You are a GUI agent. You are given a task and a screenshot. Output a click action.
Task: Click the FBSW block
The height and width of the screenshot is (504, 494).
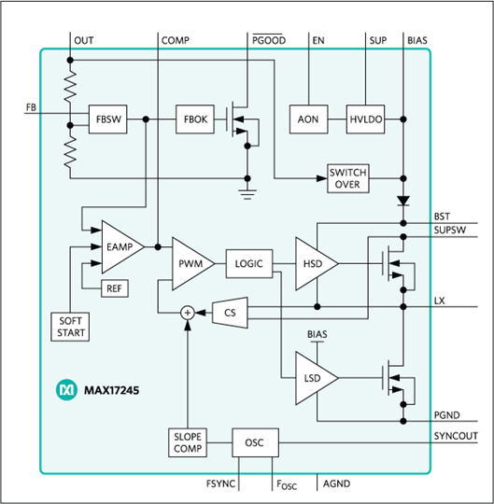point(107,119)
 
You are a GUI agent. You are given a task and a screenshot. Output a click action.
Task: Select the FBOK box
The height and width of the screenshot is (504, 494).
point(195,119)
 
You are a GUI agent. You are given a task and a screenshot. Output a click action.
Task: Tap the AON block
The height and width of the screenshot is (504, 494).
point(308,119)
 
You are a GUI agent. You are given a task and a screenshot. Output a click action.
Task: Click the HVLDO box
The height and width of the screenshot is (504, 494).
point(365,119)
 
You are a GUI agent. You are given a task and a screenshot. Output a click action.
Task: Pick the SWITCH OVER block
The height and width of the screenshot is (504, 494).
point(348,178)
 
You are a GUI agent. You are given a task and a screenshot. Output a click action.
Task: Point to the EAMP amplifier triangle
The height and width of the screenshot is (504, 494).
point(123,246)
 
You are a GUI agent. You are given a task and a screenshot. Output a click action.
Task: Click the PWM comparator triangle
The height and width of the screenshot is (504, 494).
point(193,263)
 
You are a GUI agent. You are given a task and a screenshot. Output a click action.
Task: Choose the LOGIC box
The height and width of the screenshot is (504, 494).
point(249,263)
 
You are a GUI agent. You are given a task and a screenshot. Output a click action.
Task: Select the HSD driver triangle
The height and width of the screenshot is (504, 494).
point(317,263)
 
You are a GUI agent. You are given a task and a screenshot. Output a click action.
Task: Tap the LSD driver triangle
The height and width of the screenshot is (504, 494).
point(317,378)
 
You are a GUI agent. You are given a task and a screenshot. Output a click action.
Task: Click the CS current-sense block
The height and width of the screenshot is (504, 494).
point(230,313)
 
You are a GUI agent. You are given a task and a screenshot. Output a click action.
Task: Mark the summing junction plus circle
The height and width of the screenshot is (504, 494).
point(188,313)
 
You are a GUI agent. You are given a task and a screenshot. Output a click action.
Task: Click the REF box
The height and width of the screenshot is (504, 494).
point(115,288)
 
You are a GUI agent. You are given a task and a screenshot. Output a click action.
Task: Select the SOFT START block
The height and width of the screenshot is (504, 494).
point(70,327)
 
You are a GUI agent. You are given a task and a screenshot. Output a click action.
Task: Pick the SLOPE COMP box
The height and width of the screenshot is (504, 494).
point(188,442)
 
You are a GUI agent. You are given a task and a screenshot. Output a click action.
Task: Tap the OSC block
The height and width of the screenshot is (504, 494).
point(255,442)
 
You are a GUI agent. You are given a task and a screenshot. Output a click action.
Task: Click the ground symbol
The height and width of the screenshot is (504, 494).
point(247,194)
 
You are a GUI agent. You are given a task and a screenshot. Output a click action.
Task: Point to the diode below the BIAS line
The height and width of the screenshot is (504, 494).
point(403,202)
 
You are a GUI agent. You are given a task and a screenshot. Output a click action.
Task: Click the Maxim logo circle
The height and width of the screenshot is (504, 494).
point(66,390)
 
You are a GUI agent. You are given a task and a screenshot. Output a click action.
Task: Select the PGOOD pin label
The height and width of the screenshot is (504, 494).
point(269,40)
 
